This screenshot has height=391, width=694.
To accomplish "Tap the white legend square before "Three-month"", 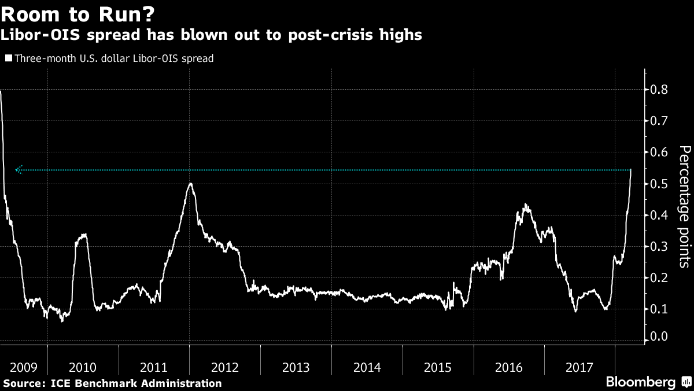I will tap(8, 58).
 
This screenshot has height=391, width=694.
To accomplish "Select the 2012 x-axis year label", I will tap(225, 367).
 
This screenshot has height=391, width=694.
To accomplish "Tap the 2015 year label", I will tap(438, 367).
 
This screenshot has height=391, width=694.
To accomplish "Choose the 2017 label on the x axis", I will tap(579, 367).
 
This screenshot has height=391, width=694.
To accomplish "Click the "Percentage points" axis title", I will tap(684, 207).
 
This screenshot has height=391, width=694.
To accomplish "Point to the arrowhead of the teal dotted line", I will tap(18, 170).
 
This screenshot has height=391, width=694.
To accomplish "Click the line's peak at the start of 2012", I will tap(190, 184).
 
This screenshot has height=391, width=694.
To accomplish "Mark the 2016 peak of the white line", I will tap(525, 204).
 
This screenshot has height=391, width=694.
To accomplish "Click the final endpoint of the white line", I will tap(630, 170).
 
